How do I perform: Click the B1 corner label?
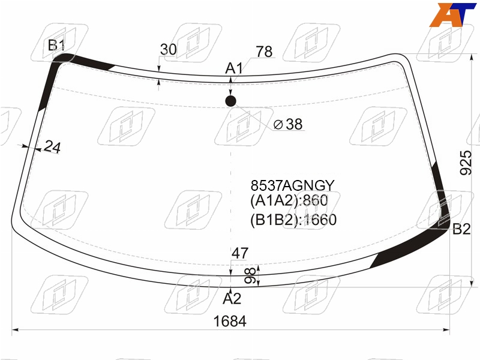[x=56, y=46]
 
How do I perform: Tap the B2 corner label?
[x=461, y=229]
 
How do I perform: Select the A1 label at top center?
[x=234, y=68]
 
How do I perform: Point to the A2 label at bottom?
[x=232, y=298]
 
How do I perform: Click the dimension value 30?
[x=169, y=50]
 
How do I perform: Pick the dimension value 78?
[x=264, y=52]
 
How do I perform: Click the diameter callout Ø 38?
[x=288, y=124]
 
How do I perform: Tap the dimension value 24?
[x=52, y=147]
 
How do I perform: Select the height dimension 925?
[x=466, y=163]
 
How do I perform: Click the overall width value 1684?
[x=230, y=322]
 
